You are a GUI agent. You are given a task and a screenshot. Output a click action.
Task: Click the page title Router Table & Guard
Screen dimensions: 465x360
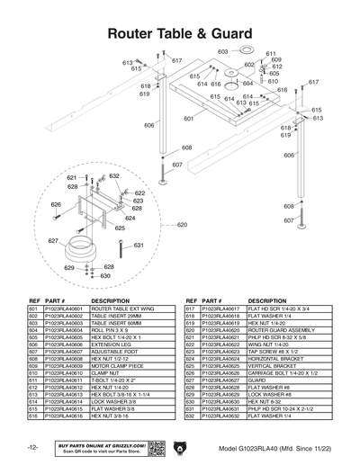(180, 34)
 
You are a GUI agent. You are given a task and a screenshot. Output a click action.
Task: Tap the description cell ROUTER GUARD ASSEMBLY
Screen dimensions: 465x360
(276, 330)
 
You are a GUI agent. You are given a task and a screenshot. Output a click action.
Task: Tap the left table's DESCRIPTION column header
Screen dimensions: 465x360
(111, 300)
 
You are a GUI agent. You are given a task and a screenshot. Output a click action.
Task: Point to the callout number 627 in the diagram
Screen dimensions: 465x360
(53, 241)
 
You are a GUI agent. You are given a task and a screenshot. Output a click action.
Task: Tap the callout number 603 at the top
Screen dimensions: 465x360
(222, 52)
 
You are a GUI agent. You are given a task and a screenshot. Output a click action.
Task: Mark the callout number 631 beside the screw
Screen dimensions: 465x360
(139, 245)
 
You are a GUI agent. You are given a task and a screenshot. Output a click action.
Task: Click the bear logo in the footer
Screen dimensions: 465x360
(180, 447)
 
